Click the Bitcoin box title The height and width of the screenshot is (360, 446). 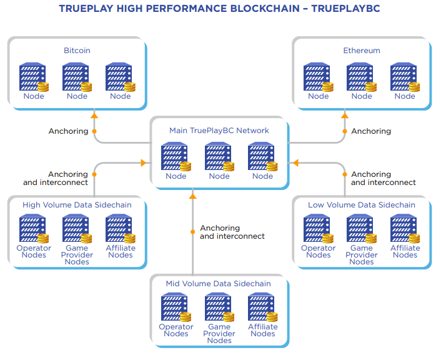(77, 51)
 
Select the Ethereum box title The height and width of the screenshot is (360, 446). (361, 51)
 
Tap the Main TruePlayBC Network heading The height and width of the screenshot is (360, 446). (219, 131)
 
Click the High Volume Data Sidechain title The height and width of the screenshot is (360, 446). (77, 205)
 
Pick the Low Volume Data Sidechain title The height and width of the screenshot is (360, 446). (361, 205)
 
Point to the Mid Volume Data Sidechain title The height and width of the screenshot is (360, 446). (219, 284)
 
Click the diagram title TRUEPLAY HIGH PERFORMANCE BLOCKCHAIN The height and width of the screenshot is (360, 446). (219, 9)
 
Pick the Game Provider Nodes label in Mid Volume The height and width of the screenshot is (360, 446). (219, 334)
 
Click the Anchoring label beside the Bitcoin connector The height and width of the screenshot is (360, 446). (68, 131)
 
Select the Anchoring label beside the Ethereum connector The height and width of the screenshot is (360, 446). (371, 131)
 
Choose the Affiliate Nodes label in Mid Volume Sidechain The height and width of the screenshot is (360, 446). (262, 330)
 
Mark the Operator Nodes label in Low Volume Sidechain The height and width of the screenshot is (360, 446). (318, 251)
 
